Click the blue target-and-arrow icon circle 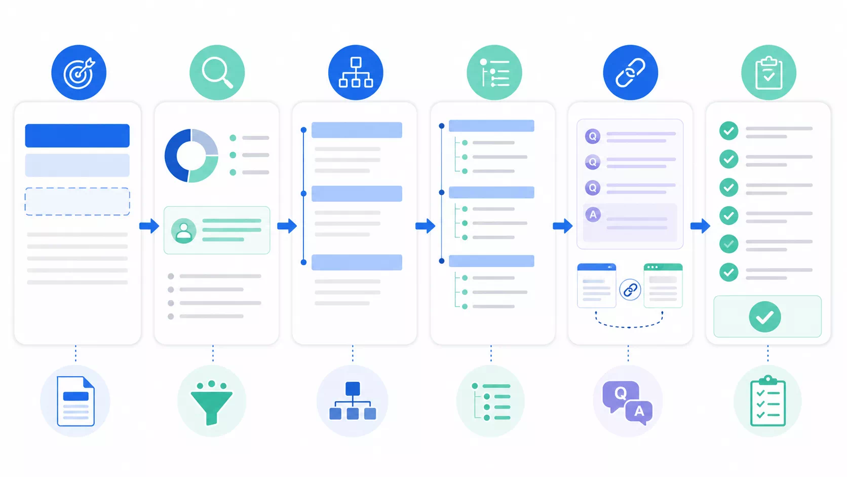pyautogui.click(x=79, y=72)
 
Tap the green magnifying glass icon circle pyautogui.click(x=217, y=72)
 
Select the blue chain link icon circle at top pyautogui.click(x=630, y=72)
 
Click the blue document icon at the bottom pyautogui.click(x=75, y=401)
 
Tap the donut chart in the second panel pyautogui.click(x=191, y=156)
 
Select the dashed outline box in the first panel pyautogui.click(x=77, y=201)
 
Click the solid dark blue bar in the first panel pyautogui.click(x=77, y=135)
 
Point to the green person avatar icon pyautogui.click(x=184, y=231)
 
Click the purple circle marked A pyautogui.click(x=593, y=214)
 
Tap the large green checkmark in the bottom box pyautogui.click(x=765, y=317)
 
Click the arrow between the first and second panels pyautogui.click(x=149, y=226)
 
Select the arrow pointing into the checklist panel pyautogui.click(x=700, y=226)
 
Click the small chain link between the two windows pyautogui.click(x=630, y=290)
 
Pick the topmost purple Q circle pyautogui.click(x=593, y=136)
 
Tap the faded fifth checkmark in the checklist pyautogui.click(x=728, y=244)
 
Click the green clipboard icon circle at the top pyautogui.click(x=768, y=72)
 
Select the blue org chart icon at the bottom pyautogui.click(x=353, y=400)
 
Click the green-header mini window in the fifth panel pyautogui.click(x=663, y=285)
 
